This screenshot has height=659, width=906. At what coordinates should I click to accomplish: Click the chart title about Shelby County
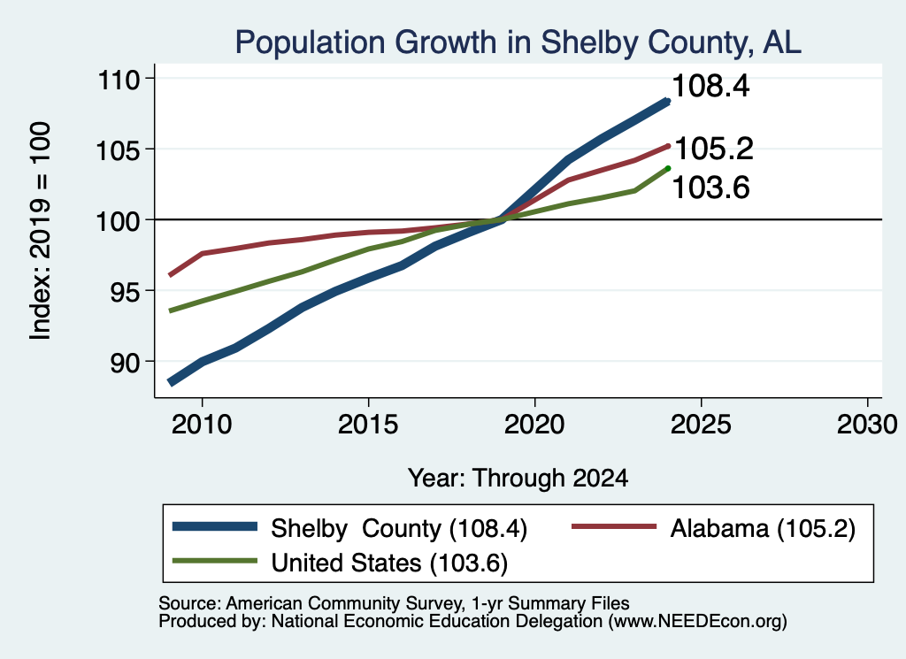point(518,42)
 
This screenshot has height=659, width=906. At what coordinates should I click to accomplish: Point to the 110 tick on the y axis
point(119,79)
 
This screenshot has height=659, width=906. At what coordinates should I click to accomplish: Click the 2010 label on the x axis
point(202,425)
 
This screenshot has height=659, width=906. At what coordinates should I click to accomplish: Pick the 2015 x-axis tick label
point(368,425)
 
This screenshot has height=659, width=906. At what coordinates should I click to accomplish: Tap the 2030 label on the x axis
point(867,425)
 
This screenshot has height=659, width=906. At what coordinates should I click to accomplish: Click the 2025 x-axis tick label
point(701,425)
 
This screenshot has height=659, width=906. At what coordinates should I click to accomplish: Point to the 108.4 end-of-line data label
point(711,86)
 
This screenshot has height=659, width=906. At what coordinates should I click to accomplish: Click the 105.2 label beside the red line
point(714,149)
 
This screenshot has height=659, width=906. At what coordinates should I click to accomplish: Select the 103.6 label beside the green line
point(711,188)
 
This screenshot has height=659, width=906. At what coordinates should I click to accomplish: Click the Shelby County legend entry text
point(399,528)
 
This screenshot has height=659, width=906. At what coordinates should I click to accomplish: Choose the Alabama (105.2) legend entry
point(763,528)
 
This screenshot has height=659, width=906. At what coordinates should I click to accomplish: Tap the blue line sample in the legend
point(215,526)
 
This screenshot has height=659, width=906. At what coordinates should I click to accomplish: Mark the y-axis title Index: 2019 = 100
point(41,231)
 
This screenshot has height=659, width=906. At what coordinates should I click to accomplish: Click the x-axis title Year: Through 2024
point(518,479)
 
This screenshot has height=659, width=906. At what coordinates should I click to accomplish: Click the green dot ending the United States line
point(668,168)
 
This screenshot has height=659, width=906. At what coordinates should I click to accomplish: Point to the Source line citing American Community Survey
point(394,603)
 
